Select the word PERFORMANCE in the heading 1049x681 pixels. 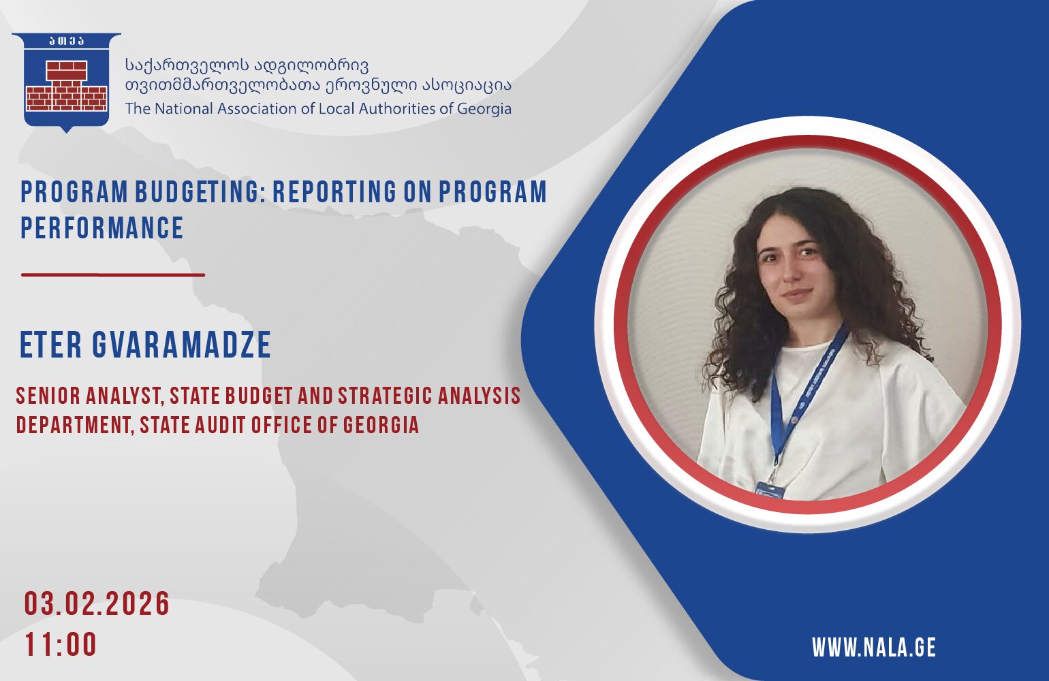(x=101, y=228)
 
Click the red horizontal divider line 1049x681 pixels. (x=113, y=274)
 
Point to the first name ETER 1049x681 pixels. (x=50, y=345)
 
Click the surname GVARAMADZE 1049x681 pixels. (x=182, y=345)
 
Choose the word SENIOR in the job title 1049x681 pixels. (x=48, y=396)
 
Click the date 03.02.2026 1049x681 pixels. (x=97, y=604)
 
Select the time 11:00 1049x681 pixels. (x=61, y=644)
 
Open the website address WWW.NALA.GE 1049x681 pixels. (x=874, y=648)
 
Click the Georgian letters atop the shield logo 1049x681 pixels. (x=67, y=41)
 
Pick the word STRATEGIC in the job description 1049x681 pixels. (x=385, y=396)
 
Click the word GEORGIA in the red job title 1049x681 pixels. (x=381, y=425)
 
